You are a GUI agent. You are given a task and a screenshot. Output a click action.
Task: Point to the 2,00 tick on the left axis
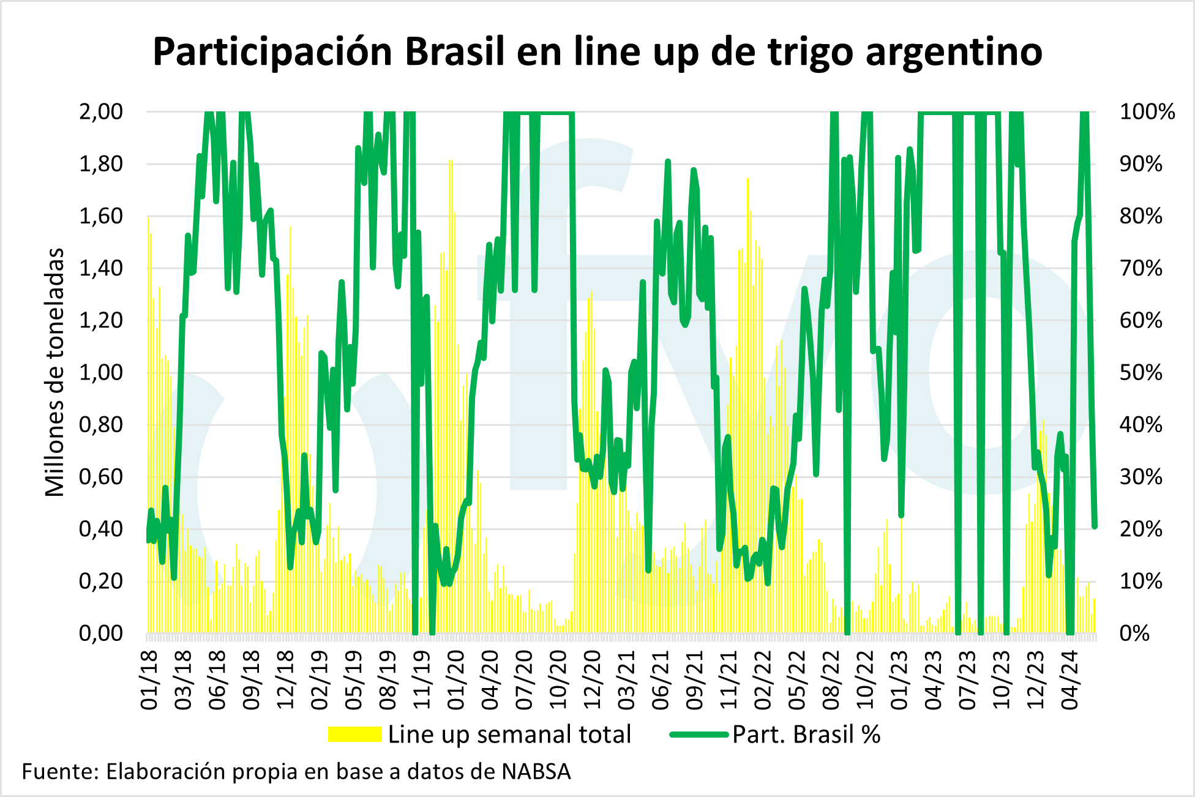click(x=101, y=112)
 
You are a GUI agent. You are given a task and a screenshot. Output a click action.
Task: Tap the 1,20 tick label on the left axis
click(x=101, y=321)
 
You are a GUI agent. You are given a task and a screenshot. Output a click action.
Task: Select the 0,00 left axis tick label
click(x=101, y=634)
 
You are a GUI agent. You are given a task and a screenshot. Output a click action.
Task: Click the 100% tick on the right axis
click(x=1147, y=112)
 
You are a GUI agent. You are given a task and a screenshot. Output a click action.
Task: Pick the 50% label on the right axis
click(x=1141, y=373)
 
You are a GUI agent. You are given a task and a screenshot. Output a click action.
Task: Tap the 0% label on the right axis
click(x=1135, y=634)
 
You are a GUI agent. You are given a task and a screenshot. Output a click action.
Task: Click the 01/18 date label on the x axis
click(x=150, y=680)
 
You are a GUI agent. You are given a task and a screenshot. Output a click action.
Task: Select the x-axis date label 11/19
click(x=422, y=680)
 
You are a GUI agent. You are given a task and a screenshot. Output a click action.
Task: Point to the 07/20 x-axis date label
click(x=525, y=680)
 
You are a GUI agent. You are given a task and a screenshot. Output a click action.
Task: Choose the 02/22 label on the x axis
click(x=763, y=680)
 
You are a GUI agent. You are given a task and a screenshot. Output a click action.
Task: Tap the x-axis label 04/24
click(x=1070, y=680)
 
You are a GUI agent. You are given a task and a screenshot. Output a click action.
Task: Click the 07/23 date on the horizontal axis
click(x=967, y=680)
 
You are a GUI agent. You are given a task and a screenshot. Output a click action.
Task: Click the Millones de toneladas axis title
click(x=55, y=372)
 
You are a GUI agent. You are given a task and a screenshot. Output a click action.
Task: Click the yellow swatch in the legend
click(x=354, y=734)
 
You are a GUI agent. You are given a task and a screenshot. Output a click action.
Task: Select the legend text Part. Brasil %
click(x=806, y=734)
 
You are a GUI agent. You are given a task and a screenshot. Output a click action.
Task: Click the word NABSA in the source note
click(x=536, y=772)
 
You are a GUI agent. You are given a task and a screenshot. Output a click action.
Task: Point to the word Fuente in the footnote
click(x=59, y=772)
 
